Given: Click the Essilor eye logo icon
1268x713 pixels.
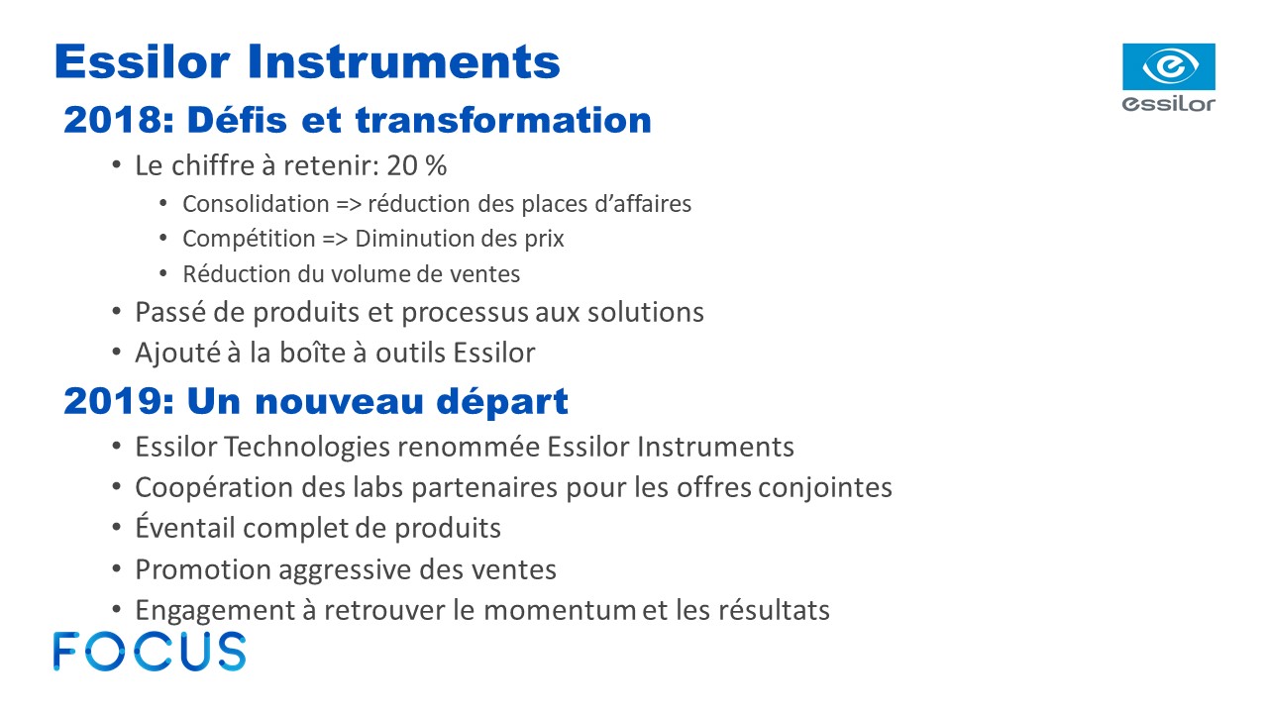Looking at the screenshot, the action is (1168, 66).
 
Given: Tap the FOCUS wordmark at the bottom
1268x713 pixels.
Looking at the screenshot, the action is (150, 652).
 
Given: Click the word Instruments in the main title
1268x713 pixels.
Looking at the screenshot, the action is (403, 61).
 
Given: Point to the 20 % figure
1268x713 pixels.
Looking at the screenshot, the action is (417, 165).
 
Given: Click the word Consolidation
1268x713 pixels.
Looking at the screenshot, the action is (256, 204).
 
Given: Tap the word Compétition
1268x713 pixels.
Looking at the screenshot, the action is (249, 239).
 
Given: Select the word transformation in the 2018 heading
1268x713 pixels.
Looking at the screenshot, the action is (503, 120).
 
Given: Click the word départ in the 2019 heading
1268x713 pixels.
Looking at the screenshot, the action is (502, 402).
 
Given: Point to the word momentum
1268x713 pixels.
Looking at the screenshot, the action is (560, 610).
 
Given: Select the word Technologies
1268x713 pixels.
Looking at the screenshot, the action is (307, 447).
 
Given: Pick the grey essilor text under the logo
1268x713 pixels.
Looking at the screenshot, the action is (1168, 104).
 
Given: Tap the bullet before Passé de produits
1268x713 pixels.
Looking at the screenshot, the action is (117, 311).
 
